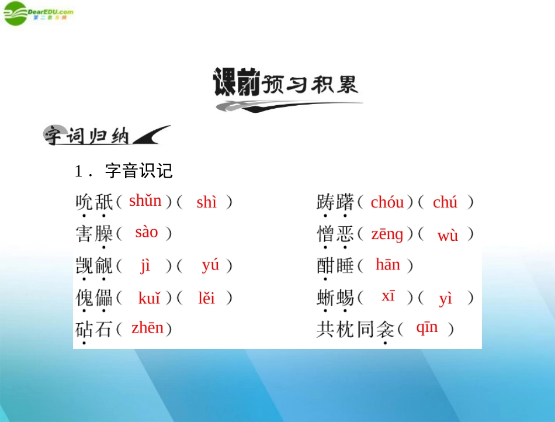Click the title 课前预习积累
pyautogui.click(x=286, y=85)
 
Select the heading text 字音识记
pyautogui.click(x=139, y=171)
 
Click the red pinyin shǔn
pyautogui.click(x=145, y=201)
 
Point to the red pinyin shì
pyautogui.click(x=206, y=203)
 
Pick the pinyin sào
pyautogui.click(x=146, y=232)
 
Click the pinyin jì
pyautogui.click(x=145, y=265)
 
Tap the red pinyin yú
pyautogui.click(x=210, y=265)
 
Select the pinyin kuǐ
pyautogui.click(x=149, y=298)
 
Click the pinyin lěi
pyautogui.click(x=206, y=298)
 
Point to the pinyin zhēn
pyautogui.click(x=147, y=328)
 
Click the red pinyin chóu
pyautogui.click(x=387, y=203)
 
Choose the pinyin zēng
pyautogui.click(x=387, y=234)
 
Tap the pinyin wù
pyautogui.click(x=448, y=236)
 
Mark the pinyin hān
pyautogui.click(x=387, y=265)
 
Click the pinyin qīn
pyautogui.click(x=426, y=328)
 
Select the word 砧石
pyautogui.click(x=93, y=330)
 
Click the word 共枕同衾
pyautogui.click(x=355, y=330)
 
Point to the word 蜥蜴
pyautogui.click(x=335, y=298)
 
